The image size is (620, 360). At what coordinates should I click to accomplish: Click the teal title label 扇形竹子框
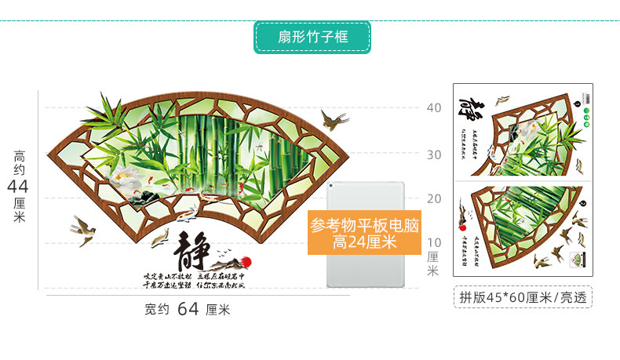(x=312, y=37)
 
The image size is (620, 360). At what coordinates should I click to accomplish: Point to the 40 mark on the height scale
(x=434, y=109)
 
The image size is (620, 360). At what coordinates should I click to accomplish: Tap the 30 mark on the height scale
(x=434, y=155)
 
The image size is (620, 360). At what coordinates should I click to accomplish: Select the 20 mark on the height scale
(x=434, y=198)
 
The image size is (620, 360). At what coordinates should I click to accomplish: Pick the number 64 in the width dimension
(x=188, y=309)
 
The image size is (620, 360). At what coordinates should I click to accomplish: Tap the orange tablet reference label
(x=365, y=234)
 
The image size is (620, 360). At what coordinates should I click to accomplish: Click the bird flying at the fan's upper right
(x=336, y=120)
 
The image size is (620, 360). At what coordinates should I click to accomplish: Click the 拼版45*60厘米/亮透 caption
(x=523, y=297)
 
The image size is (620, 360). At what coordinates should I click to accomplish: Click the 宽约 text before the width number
(x=157, y=310)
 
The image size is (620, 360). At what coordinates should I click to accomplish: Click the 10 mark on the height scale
(x=434, y=242)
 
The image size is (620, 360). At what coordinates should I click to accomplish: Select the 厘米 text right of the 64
(x=218, y=310)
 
